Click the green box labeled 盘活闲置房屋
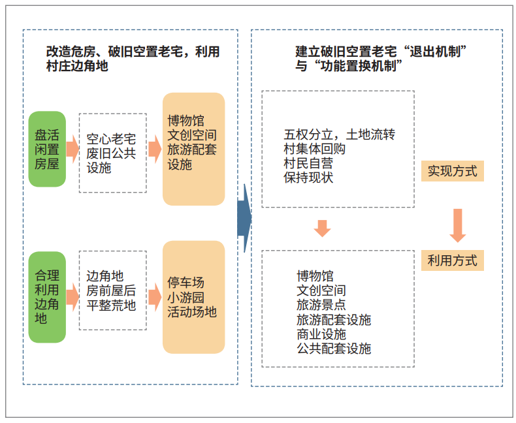pos(47,149)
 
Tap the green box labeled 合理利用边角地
pos(47,297)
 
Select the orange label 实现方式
pos(453,171)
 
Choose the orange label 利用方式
pos(453,260)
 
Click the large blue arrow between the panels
pos(244,218)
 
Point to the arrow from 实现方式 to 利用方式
pos(458,226)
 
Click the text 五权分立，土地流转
pos(339,134)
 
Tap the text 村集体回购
pos(315,149)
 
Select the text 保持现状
pos(308,178)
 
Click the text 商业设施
pos(321,334)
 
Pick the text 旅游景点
pos(321,305)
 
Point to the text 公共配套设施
pos(334,349)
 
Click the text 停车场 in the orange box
pos(186,283)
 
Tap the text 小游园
pos(186,298)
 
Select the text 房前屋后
pos(111,290)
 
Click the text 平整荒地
pos(111,305)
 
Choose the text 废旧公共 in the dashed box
pos(111,153)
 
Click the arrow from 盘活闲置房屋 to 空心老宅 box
pos(73,149)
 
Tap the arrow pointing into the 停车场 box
pos(155,297)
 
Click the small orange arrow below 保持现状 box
pos(322,228)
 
